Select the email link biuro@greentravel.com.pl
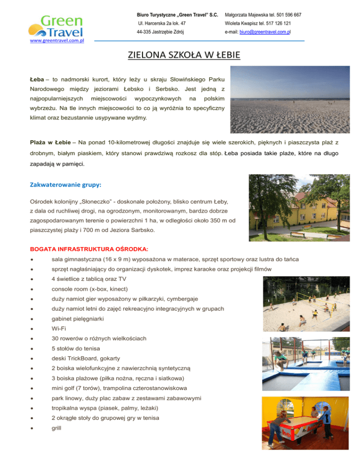(x=278, y=33)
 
